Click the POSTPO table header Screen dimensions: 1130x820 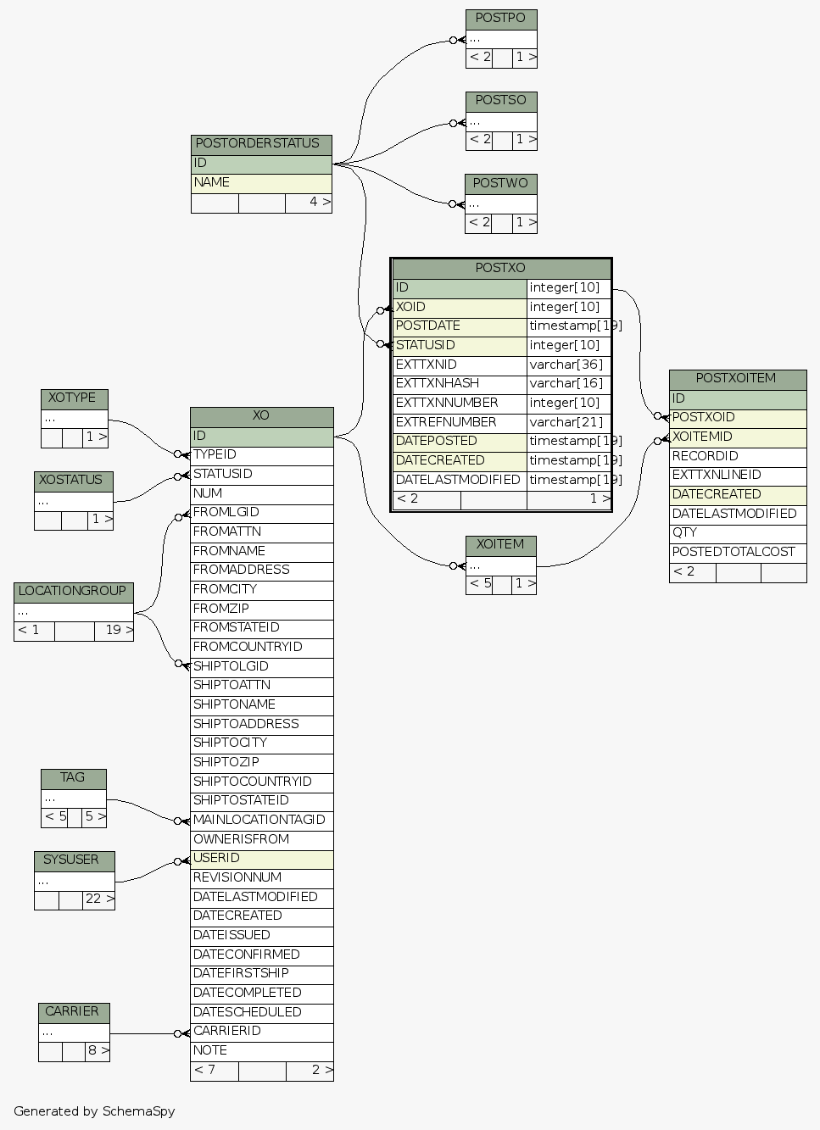pos(500,19)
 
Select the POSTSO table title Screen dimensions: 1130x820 pos(500,101)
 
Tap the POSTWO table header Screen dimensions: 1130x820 pos(500,184)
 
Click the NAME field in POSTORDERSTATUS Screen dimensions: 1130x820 pos(261,183)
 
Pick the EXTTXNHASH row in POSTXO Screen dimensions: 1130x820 pos(459,384)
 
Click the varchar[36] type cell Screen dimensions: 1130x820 pos(567,365)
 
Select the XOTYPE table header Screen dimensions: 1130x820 pos(73,398)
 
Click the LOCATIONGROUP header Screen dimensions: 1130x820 pos(73,592)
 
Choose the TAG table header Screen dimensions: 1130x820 pos(73,778)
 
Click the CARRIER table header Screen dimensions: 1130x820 pos(73,1012)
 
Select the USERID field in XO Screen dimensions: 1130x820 pos(261,859)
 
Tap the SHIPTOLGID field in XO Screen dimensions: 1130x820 pos(261,667)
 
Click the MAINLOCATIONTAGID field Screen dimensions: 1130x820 pos(261,821)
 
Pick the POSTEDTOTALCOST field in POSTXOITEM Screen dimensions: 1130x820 pos(736,553)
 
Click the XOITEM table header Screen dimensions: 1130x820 pos(500,545)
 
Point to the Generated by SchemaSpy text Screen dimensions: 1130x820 pos(94,1111)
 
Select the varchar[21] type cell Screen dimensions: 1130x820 pos(567,423)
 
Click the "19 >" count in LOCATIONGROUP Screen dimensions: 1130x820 pos(118,631)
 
